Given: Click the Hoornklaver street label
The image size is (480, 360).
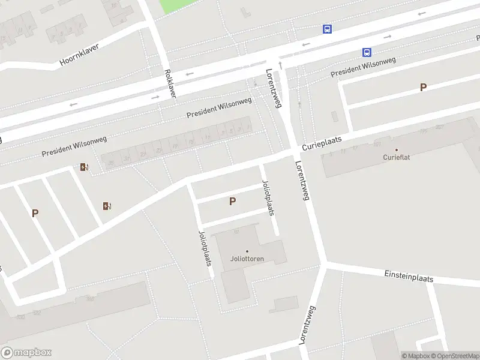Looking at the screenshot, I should pos(79,54).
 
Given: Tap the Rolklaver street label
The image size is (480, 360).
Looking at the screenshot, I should pos(169,83).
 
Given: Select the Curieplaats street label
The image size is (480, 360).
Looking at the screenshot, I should pos(322,143).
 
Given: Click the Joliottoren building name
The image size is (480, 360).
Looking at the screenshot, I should pos(247,259).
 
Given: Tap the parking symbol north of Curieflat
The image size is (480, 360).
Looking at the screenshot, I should pos(423,88).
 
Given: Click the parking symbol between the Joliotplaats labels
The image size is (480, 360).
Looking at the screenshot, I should pos(232,202).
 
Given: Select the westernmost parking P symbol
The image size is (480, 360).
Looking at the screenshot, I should pos(35,213).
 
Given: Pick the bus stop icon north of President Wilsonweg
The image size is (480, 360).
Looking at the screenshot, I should pos(328,29).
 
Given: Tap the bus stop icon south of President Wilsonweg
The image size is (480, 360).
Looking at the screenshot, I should pos(367,53).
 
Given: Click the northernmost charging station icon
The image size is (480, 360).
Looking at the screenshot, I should pos(84,167).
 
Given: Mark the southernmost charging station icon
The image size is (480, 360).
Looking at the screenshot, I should pos(107,206).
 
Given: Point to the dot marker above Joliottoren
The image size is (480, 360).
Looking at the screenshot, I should pos(247,251).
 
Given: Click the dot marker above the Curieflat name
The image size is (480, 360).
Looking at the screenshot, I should pos(396,149).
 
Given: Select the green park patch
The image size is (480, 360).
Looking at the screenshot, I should pos(178,5).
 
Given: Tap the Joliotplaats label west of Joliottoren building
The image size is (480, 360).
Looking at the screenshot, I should pos(204,248).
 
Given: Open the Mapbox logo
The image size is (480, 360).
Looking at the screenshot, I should pos(26,353).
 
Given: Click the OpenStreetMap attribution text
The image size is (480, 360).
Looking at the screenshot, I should pos(454,356).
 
